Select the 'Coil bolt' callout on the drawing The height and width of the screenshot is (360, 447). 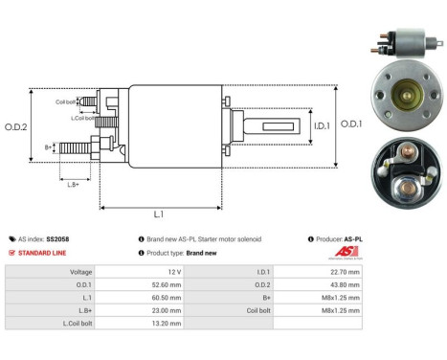(x=65, y=101)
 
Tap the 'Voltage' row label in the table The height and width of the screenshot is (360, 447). (x=78, y=272)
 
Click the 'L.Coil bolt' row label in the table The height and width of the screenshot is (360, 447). (x=75, y=325)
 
